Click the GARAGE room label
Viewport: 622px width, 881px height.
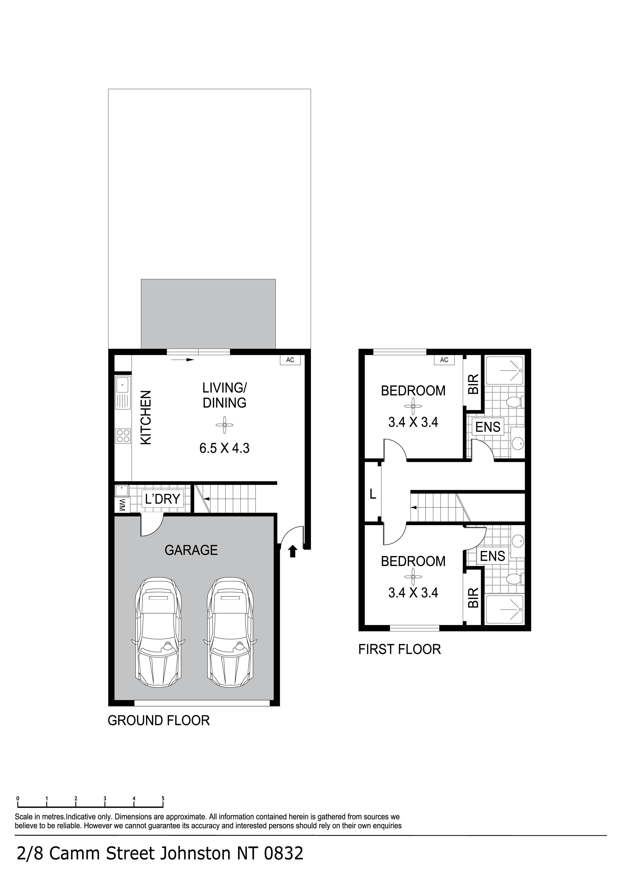pyautogui.click(x=191, y=550)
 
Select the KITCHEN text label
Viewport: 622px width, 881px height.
pyautogui.click(x=146, y=417)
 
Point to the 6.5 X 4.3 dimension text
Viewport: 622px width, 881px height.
pyautogui.click(x=224, y=448)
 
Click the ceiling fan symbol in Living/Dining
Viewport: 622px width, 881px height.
pyautogui.click(x=224, y=425)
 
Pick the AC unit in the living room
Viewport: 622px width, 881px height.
pyautogui.click(x=290, y=360)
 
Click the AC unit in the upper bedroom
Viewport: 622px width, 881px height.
pyautogui.click(x=444, y=360)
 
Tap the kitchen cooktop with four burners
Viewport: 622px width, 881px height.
pyautogui.click(x=123, y=436)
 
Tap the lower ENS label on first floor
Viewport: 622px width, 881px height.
pyautogui.click(x=493, y=556)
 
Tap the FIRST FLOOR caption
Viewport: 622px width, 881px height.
pyautogui.click(x=399, y=649)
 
